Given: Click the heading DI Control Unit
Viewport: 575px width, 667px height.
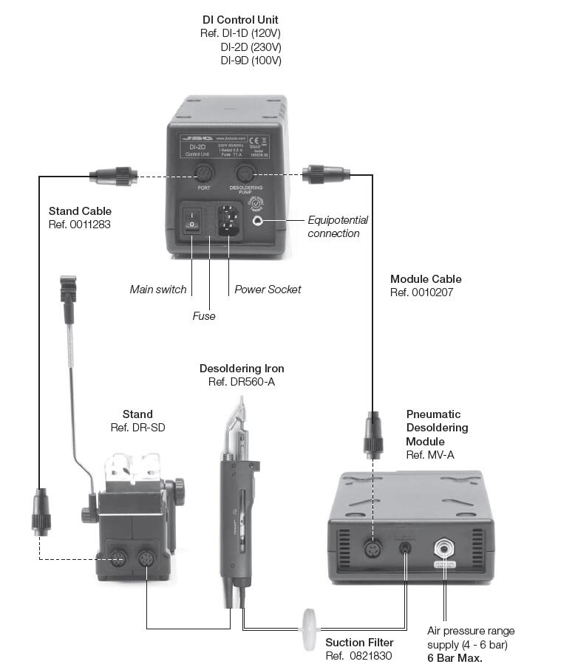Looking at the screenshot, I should (x=241, y=19).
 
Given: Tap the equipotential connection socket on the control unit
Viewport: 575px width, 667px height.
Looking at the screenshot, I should (x=258, y=220).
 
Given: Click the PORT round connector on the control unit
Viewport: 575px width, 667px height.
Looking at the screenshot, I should (x=204, y=174).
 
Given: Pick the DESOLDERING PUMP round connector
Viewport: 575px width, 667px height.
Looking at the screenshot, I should (x=244, y=174).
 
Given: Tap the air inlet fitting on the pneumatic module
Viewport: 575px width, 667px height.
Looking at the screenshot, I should (x=445, y=547).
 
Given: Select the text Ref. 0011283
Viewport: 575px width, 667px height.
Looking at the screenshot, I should (x=79, y=225).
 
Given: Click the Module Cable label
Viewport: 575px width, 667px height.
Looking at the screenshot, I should (x=426, y=279).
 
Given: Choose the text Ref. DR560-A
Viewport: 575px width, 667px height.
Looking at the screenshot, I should (x=241, y=382).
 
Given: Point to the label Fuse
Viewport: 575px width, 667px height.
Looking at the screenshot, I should (x=204, y=316).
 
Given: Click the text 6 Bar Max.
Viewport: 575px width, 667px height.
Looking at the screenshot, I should (x=455, y=657).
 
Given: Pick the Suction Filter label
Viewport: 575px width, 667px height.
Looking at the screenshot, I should (x=359, y=642).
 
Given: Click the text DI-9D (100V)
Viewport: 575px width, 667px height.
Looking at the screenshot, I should (x=251, y=61).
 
